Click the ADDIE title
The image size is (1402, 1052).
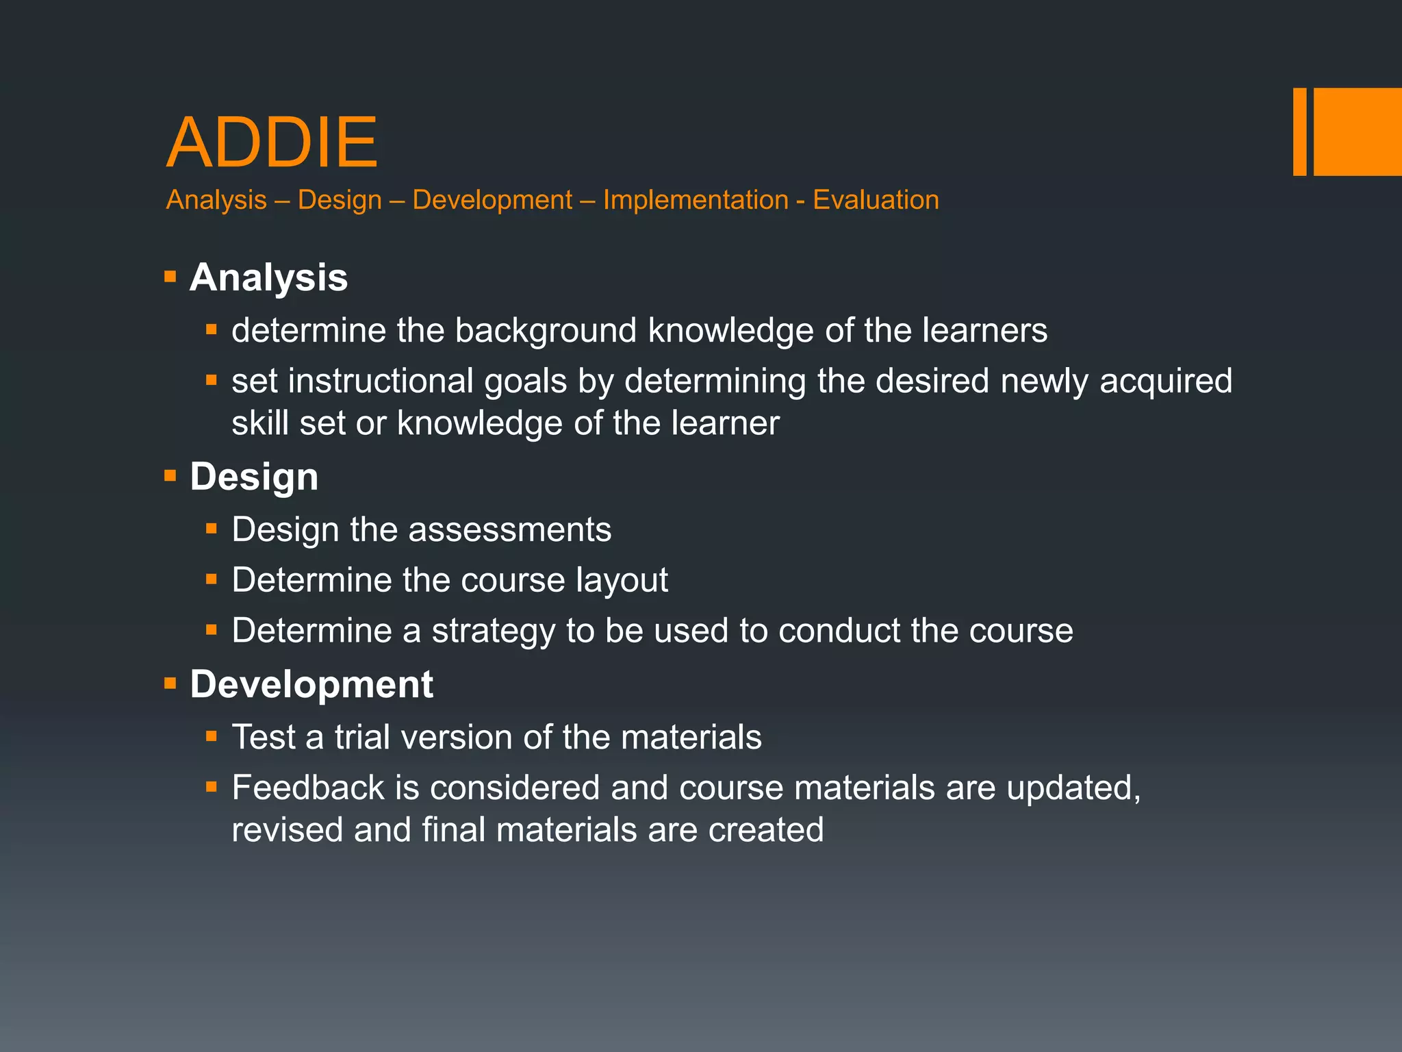pyautogui.click(x=272, y=142)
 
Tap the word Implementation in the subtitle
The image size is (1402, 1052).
pyautogui.click(x=696, y=200)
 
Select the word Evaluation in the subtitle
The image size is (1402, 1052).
pyautogui.click(x=876, y=200)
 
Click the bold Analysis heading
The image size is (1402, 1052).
pyautogui.click(x=268, y=277)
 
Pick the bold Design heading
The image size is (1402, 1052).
pyautogui.click(x=254, y=477)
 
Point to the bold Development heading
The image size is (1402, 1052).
pyautogui.click(x=311, y=684)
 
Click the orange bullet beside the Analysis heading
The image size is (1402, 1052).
pyautogui.click(x=170, y=277)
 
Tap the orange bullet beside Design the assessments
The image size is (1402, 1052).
pyautogui.click(x=212, y=529)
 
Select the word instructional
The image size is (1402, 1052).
pyautogui.click(x=381, y=381)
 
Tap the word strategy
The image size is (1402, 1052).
pyautogui.click(x=493, y=631)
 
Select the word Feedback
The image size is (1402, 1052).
pyautogui.click(x=308, y=788)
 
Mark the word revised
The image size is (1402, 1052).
pyautogui.click(x=288, y=830)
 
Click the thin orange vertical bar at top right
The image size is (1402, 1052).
pyautogui.click(x=1299, y=131)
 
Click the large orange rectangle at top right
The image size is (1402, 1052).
pyautogui.click(x=1358, y=131)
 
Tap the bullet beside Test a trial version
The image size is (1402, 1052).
pyautogui.click(x=212, y=737)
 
